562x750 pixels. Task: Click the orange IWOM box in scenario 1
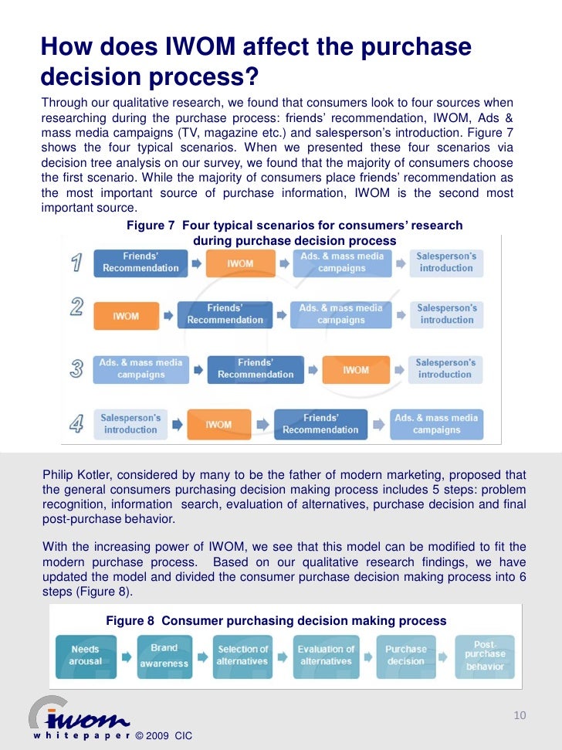pos(240,263)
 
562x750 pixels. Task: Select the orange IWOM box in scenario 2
pos(126,315)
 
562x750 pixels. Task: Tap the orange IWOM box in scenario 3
pos(356,370)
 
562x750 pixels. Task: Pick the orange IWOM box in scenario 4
pos(218,424)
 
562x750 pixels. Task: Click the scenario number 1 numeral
pos(76,263)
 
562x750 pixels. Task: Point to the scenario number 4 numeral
pos(76,425)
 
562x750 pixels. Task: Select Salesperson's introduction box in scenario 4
pos(130,424)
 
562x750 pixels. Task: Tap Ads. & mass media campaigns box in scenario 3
pos(141,369)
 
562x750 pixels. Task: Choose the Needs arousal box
pos(86,656)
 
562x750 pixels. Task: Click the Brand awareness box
pos(164,656)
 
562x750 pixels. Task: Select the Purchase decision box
pos(405,656)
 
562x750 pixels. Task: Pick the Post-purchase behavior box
pos(485,655)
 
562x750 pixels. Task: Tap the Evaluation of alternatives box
pos(326,656)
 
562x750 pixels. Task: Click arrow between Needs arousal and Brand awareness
pos(126,658)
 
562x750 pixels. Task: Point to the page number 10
pos(520,716)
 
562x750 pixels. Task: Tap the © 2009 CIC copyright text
pos(164,736)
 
